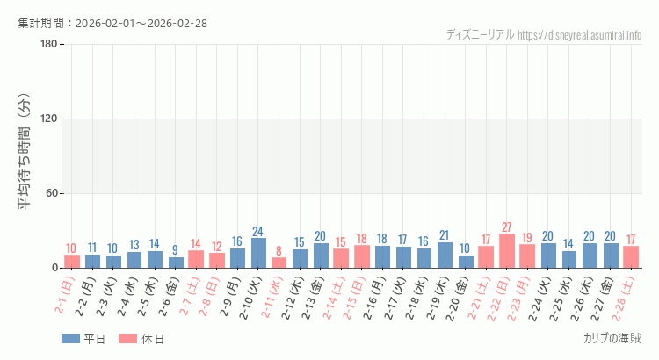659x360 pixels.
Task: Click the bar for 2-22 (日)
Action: pos(507,251)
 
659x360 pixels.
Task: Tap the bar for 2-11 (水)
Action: pos(279,263)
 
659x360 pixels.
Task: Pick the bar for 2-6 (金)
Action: pos(176,263)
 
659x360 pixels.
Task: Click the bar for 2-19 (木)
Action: pos(445,256)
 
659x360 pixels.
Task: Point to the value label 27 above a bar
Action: pos(507,227)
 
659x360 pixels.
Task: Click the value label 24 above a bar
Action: pos(258,232)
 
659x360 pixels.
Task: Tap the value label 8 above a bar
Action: pos(279,251)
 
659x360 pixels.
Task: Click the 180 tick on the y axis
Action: pos(49,44)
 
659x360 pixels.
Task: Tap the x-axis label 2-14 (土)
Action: pos(334,299)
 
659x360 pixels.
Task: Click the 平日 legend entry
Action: pos(83,339)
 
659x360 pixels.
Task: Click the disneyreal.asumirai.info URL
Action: pos(580,35)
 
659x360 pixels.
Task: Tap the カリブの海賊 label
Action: pos(612,339)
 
